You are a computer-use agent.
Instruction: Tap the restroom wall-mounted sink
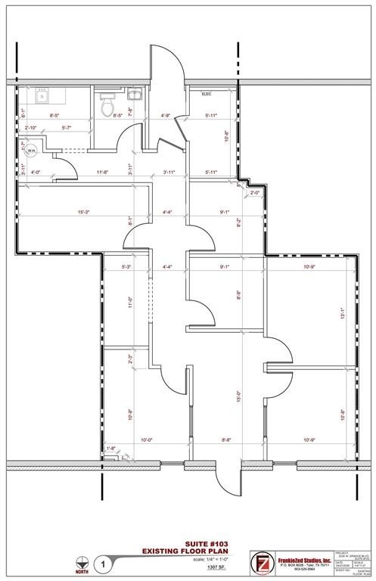coord(135,95)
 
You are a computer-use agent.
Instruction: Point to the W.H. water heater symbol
coord(33,150)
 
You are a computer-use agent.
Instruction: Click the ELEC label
coord(206,95)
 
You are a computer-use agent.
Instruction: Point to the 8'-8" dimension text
coord(227,440)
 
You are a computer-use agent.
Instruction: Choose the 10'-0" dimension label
coord(146,440)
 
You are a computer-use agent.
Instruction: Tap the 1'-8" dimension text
coord(111,449)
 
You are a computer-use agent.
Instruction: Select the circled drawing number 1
coord(104,564)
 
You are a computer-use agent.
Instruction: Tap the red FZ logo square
coord(261,564)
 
